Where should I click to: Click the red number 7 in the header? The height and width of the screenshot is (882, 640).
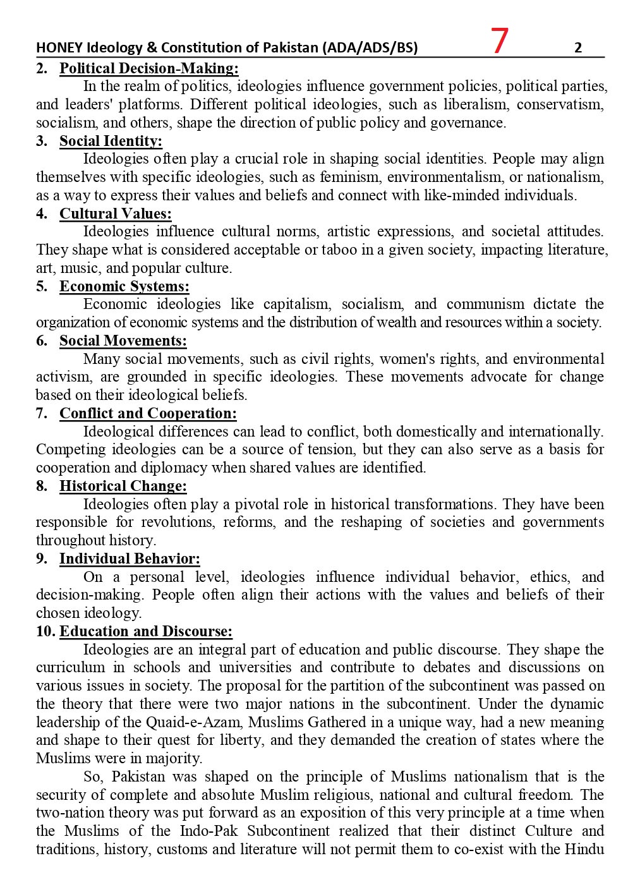pos(499,42)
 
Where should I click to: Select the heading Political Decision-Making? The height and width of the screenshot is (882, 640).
pos(148,68)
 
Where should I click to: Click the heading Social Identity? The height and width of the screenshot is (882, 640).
pos(111,141)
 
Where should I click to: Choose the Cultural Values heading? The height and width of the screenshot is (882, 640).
pos(115,214)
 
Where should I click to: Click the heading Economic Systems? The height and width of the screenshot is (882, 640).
pos(124,286)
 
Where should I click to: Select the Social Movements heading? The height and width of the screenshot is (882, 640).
pos(123,341)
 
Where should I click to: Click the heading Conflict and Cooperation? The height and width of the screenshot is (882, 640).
pos(148,414)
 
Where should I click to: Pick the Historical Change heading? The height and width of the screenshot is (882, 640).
pos(123,486)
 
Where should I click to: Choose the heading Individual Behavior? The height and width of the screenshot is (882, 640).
pos(130,559)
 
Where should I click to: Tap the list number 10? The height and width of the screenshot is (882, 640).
pos(45,632)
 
